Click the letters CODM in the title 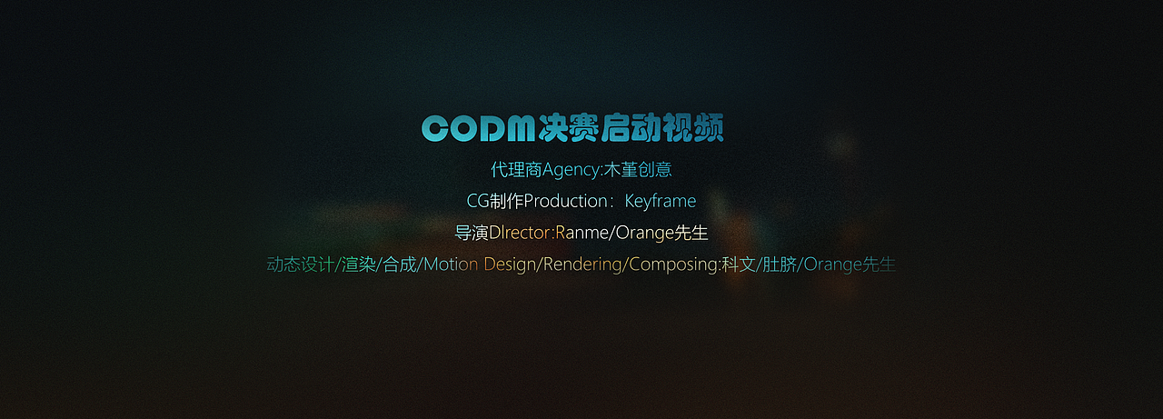coord(478,129)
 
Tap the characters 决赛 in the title coord(569,129)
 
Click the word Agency coord(572,170)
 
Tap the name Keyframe coord(660,201)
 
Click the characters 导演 coord(471,233)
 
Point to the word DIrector coord(520,233)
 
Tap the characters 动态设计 coord(301,264)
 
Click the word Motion coord(451,264)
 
